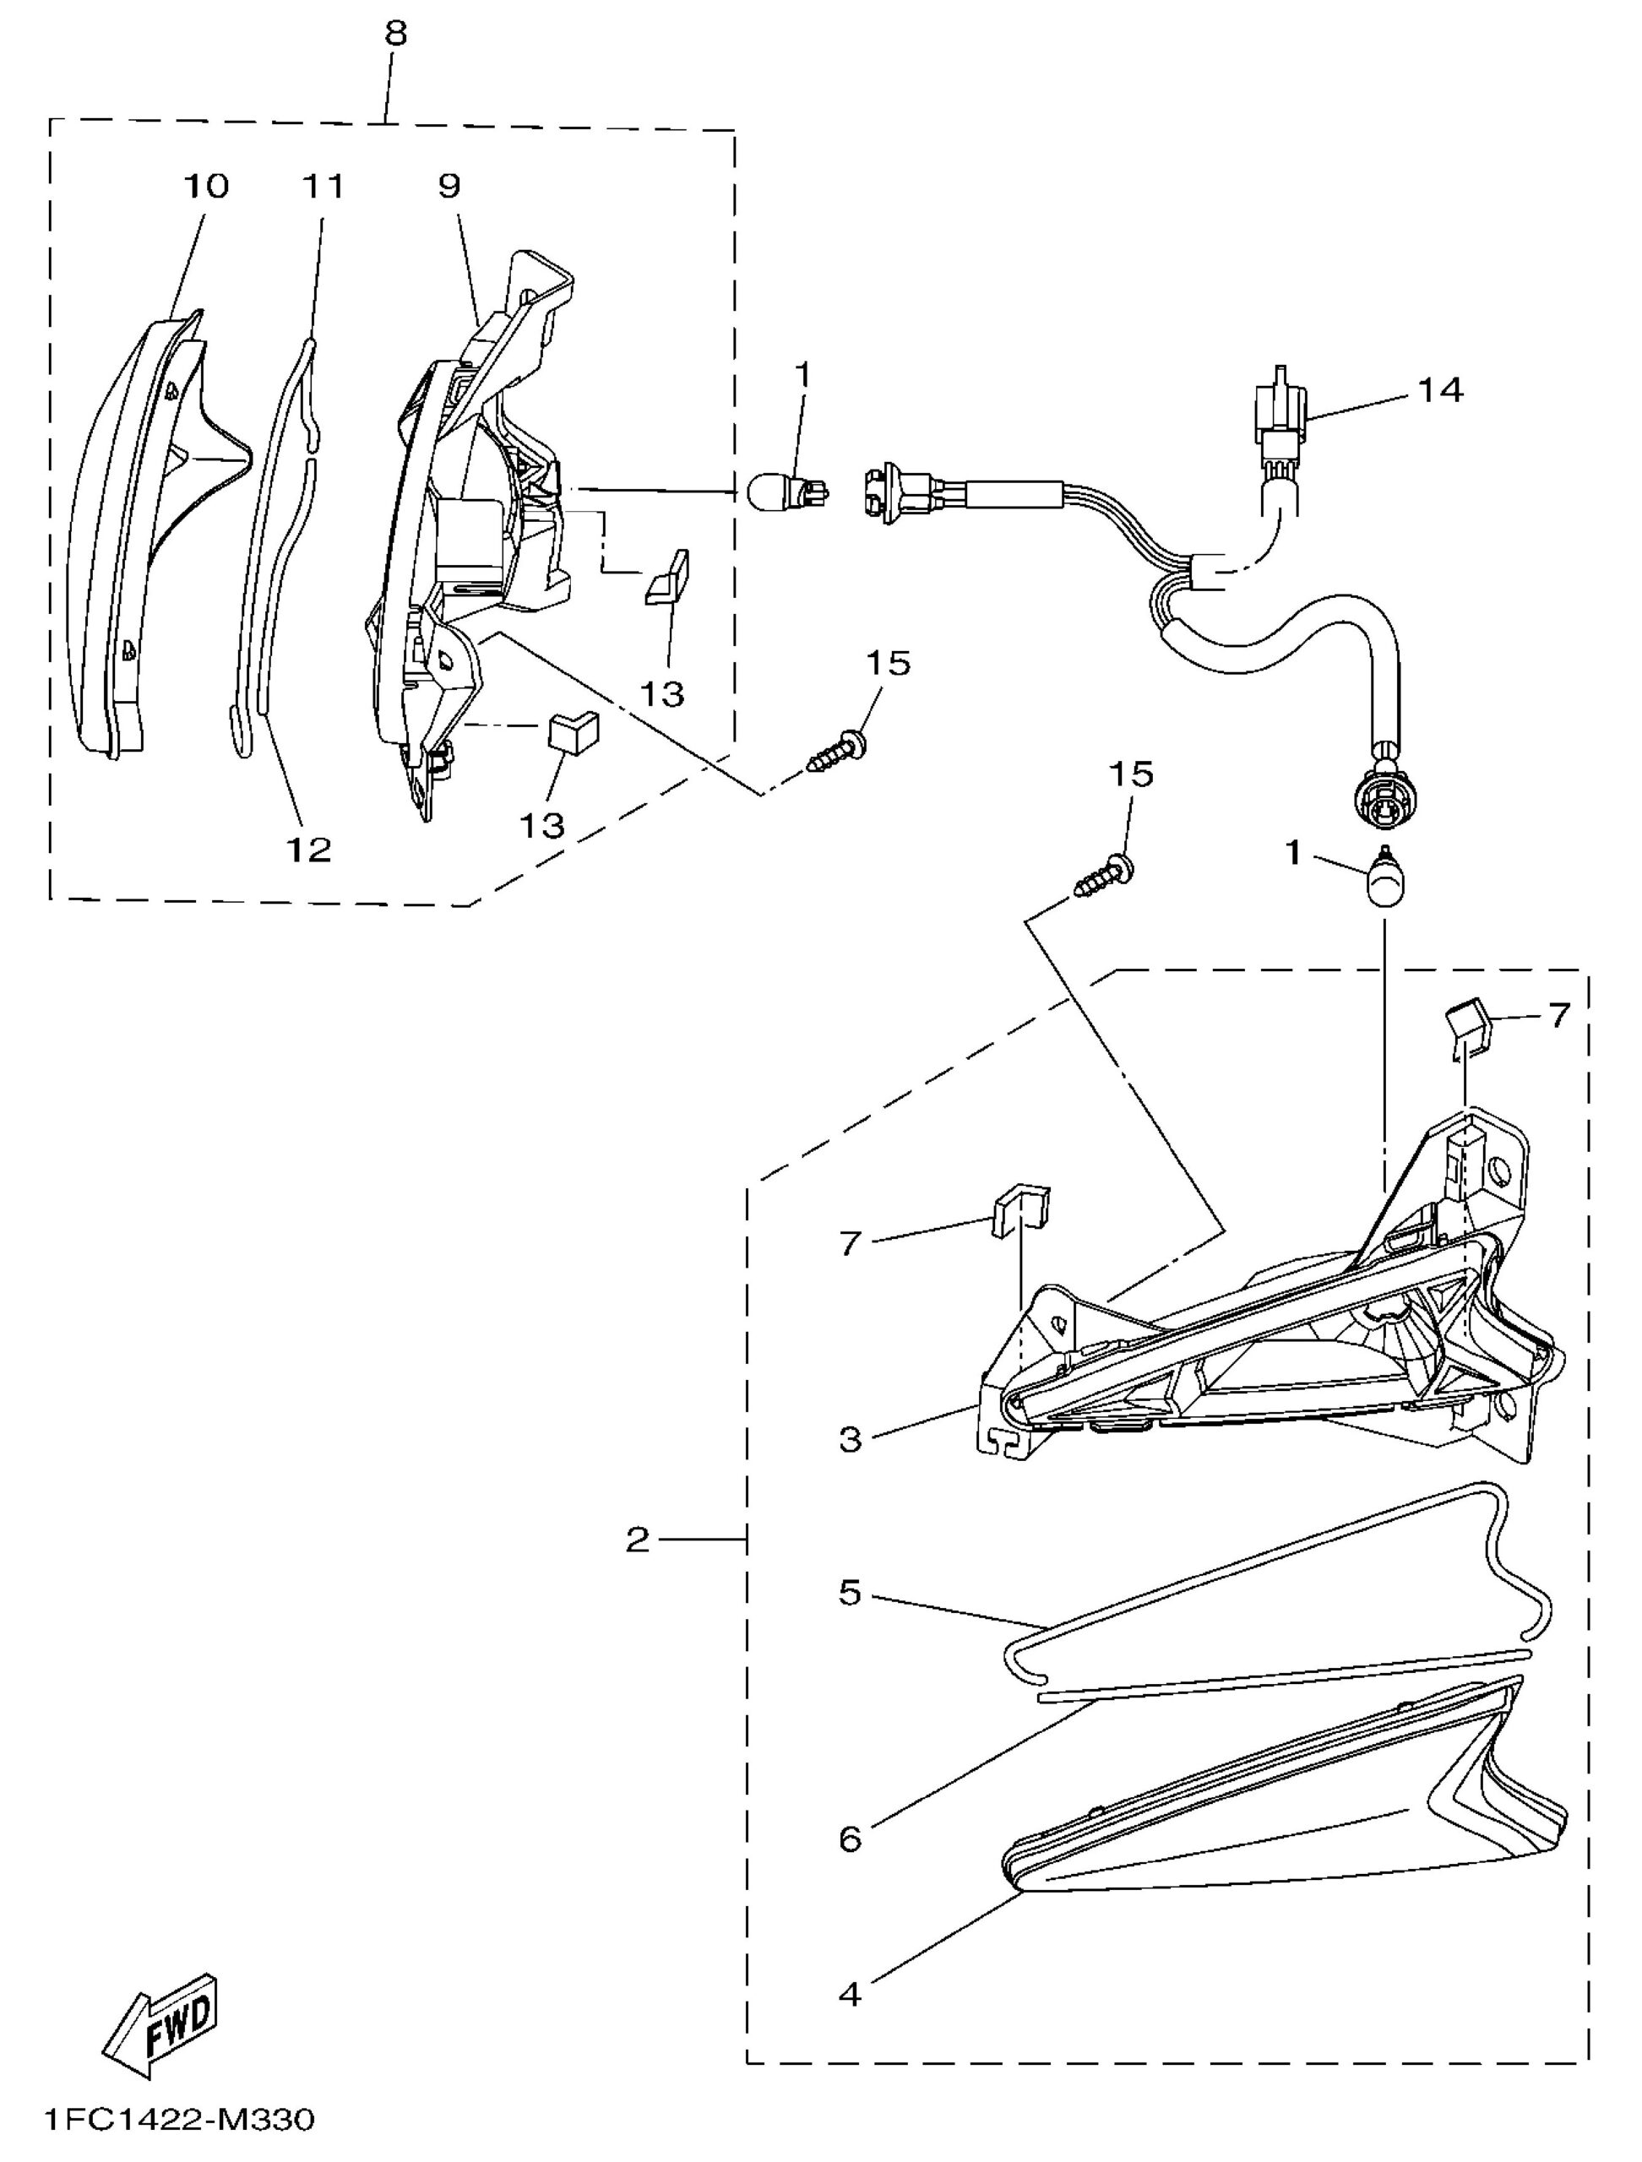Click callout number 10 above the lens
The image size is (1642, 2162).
point(205,186)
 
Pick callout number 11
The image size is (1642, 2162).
point(324,186)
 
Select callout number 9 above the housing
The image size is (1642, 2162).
point(449,186)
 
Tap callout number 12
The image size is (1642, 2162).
point(309,850)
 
